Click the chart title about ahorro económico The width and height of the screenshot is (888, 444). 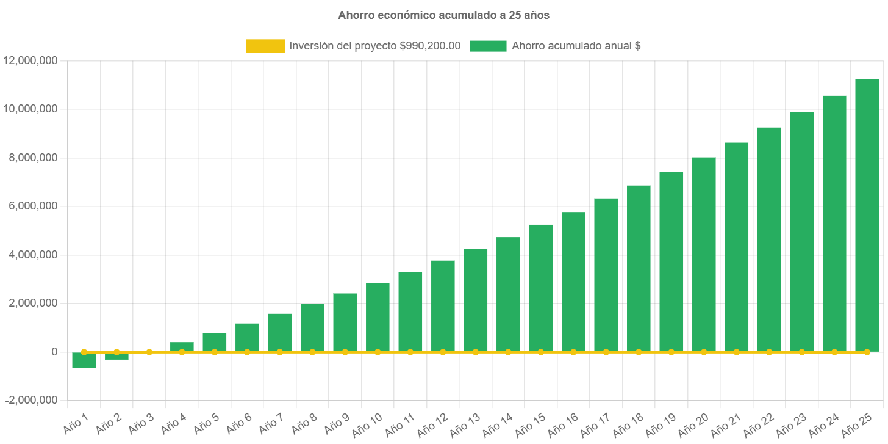(443, 16)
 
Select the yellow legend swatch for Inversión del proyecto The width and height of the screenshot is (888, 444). (265, 46)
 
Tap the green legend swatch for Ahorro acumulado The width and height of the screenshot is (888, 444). (488, 46)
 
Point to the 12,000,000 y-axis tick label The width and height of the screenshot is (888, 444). (30, 60)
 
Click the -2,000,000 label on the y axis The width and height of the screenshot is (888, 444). (31, 401)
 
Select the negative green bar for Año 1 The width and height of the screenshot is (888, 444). (84, 361)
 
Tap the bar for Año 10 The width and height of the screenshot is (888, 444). (378, 317)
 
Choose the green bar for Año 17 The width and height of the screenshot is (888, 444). (606, 275)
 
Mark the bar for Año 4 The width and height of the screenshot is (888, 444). (182, 347)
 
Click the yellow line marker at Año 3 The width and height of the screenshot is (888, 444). (149, 352)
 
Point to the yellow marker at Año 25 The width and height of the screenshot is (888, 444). (867, 352)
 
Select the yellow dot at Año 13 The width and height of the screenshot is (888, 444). (476, 352)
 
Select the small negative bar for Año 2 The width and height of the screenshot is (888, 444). (116, 356)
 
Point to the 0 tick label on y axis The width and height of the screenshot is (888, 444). (54, 352)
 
